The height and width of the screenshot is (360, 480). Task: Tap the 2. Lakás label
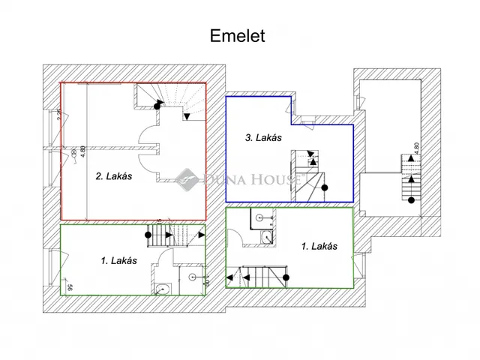coord(113,178)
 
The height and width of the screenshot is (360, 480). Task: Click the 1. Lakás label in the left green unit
coord(118,261)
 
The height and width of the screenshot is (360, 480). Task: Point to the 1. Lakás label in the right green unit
coord(318,246)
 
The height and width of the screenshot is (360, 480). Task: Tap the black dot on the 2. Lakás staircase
coord(157,106)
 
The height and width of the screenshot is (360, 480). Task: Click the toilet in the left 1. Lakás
coord(161,289)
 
